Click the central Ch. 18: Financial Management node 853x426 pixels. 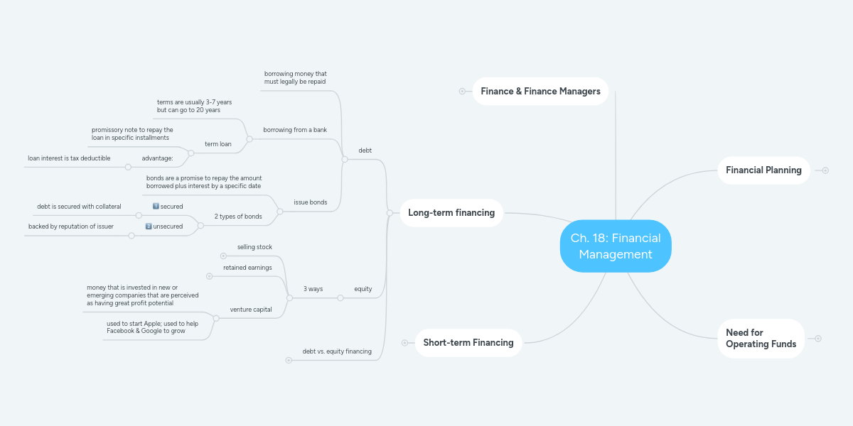616,246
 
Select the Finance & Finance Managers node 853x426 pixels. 540,91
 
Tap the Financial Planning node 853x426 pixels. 763,170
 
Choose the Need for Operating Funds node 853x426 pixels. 761,338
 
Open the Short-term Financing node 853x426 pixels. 468,343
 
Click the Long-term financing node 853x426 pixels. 451,213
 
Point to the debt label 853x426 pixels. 365,151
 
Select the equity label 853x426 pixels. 363,289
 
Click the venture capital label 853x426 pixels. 251,310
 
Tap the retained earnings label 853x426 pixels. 247,268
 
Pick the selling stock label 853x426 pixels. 254,247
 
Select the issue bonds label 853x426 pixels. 311,202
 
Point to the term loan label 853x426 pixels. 218,144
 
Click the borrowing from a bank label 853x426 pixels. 295,130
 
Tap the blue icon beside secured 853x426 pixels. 156,206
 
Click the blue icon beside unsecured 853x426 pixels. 149,226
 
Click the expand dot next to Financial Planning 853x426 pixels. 825,170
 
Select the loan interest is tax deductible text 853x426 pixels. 69,158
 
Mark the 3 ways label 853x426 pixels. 313,289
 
